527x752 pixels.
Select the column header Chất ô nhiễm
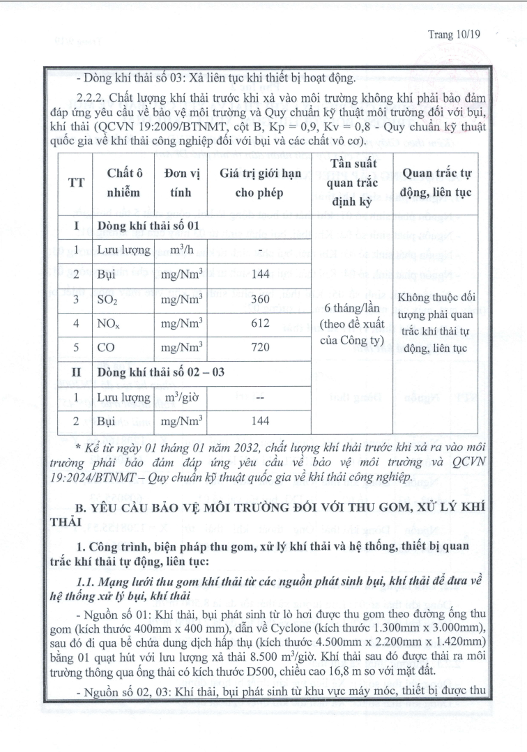tap(124, 183)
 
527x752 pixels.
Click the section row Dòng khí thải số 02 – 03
tap(161, 373)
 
